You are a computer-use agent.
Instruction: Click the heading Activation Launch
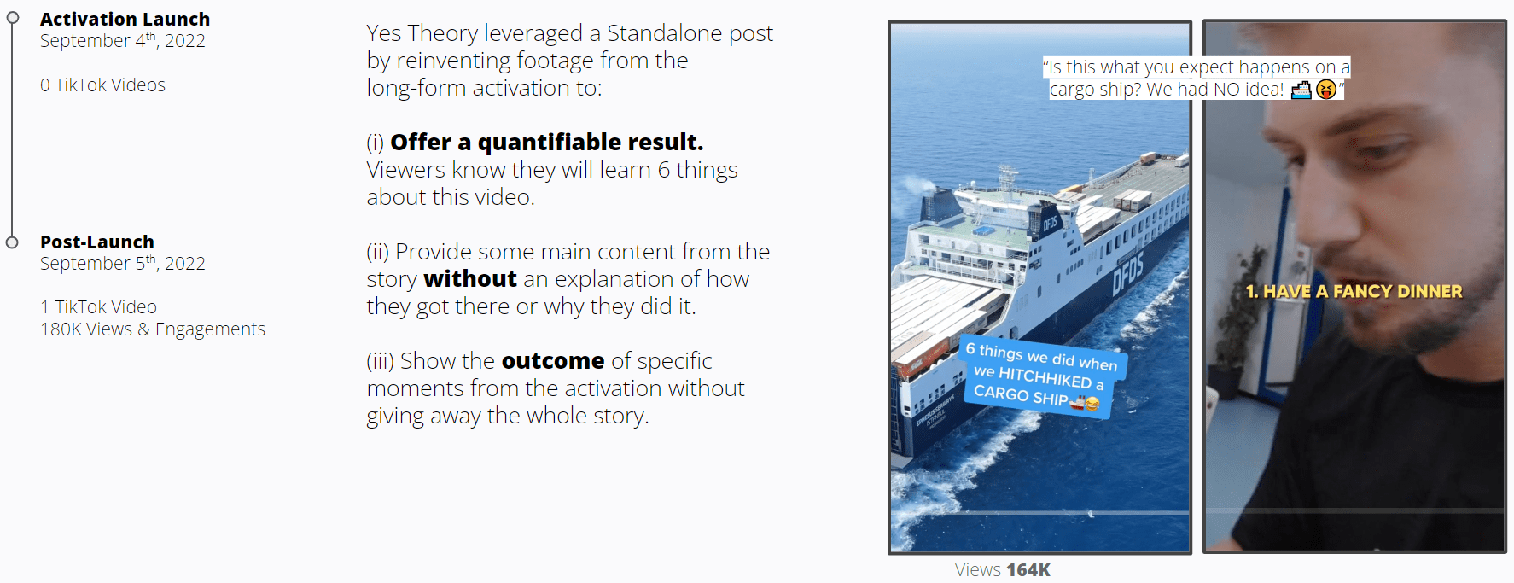coord(125,19)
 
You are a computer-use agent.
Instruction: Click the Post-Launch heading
coord(97,242)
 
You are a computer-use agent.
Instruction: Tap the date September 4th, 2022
coord(122,40)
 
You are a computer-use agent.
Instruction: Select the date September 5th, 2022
coord(122,263)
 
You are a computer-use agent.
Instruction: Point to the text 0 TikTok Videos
coord(102,85)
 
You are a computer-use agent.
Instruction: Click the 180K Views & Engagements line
coord(153,329)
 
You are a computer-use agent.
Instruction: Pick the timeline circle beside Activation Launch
coord(12,18)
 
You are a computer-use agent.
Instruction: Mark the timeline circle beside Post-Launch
coord(12,242)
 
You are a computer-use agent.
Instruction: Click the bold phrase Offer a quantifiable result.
coord(547,142)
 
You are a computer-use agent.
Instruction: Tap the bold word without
coord(470,279)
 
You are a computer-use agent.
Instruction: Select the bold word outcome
coord(553,361)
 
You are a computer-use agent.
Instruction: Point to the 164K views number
coord(1028,569)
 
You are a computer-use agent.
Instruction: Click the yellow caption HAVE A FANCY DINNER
coord(1363,291)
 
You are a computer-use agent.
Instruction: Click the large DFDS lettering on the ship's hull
coord(1127,271)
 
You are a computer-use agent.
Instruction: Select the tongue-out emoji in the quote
coord(1325,89)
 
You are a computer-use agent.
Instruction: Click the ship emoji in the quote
coord(1301,89)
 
